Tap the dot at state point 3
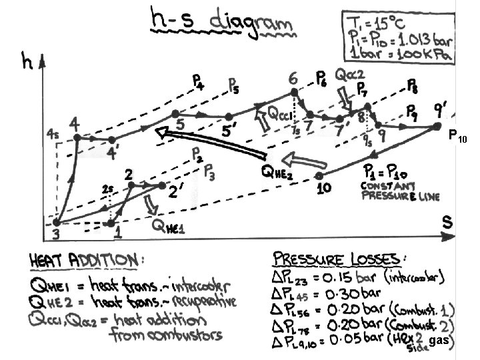(57, 223)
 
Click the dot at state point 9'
(437, 125)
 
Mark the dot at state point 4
(77, 137)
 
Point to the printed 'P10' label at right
(459, 139)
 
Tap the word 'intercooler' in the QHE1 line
(204, 287)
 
